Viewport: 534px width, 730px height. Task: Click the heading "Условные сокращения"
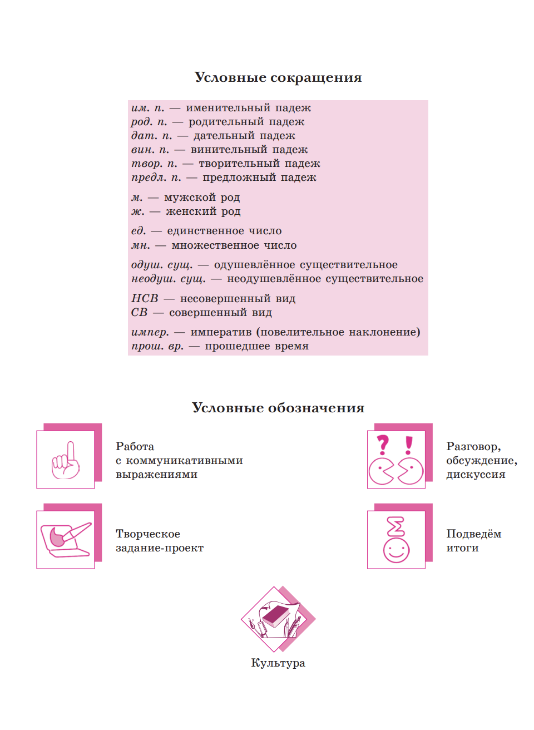[x=278, y=77]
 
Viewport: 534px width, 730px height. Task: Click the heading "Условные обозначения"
[x=278, y=408]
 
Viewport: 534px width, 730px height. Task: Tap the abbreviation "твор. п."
[x=154, y=164]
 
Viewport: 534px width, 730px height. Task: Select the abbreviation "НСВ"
[x=145, y=298]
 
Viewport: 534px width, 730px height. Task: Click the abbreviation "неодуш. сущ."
[x=169, y=279]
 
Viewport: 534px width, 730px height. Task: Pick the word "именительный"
[x=221, y=108]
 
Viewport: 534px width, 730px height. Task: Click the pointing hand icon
[x=66, y=461]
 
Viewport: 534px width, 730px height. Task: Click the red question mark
[x=383, y=445]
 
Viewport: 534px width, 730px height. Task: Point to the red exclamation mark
[x=409, y=445]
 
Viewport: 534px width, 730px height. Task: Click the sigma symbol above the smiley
[x=395, y=526]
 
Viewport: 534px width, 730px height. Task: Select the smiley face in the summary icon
[x=396, y=550]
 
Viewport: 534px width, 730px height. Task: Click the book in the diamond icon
[x=276, y=616]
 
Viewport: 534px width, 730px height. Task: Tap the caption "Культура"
[x=278, y=663]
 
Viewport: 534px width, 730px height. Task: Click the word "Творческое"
[x=148, y=534]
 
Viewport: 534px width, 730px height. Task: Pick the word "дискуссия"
[x=476, y=475]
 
